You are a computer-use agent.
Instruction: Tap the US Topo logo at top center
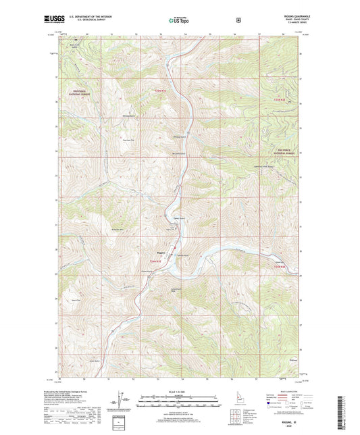(180, 20)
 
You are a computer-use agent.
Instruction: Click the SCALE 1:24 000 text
(180, 392)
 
